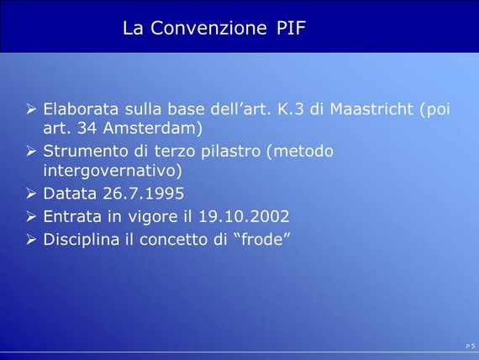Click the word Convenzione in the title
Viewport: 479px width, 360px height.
pyautogui.click(x=208, y=28)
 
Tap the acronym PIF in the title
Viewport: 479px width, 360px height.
pyautogui.click(x=291, y=28)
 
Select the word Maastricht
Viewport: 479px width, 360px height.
pyautogui.click(x=371, y=109)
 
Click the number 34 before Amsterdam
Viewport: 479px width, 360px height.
pyautogui.click(x=87, y=128)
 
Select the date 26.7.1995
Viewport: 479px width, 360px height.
pyautogui.click(x=144, y=193)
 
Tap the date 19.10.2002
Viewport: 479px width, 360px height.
pyautogui.click(x=244, y=216)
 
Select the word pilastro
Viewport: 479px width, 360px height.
pyautogui.click(x=230, y=151)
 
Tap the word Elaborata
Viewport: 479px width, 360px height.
pyautogui.click(x=81, y=109)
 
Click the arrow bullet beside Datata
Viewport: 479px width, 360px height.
pyautogui.click(x=31, y=193)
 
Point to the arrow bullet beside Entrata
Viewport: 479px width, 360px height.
pyautogui.click(x=31, y=216)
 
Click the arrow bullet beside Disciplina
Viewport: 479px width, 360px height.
pyautogui.click(x=31, y=239)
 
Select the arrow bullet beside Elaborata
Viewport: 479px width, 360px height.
pyautogui.click(x=31, y=109)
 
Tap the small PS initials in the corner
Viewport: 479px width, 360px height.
pyautogui.click(x=471, y=347)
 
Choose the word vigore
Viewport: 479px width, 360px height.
pyautogui.click(x=153, y=217)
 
